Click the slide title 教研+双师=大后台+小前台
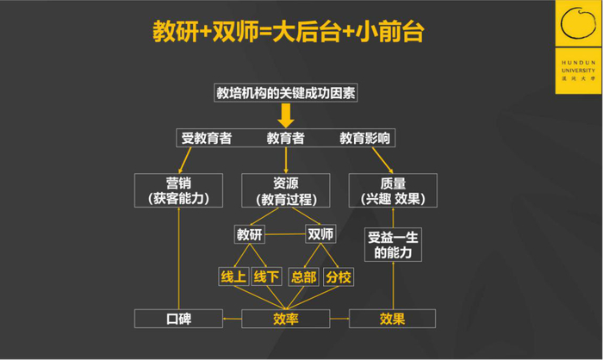click(289, 31)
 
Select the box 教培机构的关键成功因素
click(286, 93)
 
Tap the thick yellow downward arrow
click(286, 115)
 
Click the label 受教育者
click(207, 138)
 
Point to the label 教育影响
click(364, 138)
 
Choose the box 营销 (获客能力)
click(178, 190)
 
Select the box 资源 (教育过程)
click(286, 190)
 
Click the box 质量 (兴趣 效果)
click(393, 190)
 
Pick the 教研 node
click(249, 234)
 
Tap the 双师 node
click(320, 234)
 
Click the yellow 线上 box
click(233, 276)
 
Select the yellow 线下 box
click(266, 276)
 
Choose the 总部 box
click(304, 277)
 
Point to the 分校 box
click(339, 277)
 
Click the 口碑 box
click(178, 319)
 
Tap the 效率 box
click(286, 319)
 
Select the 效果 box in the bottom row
click(392, 319)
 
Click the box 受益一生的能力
click(393, 245)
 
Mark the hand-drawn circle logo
click(578, 23)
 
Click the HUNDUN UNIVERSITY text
click(578, 66)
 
